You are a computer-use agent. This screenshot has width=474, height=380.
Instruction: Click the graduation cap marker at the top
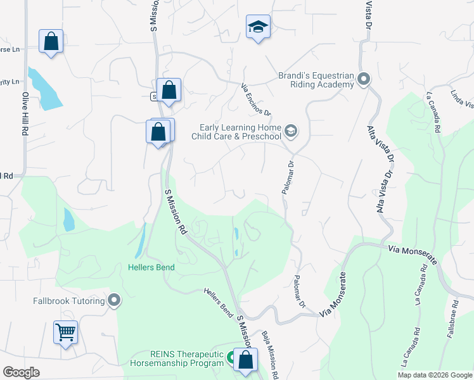[x=258, y=27]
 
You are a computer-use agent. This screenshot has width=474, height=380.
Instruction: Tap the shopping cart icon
[x=65, y=332]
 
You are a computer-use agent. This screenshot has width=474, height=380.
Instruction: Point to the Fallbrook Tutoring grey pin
[x=114, y=300]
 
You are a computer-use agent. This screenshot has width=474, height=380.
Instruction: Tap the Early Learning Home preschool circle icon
[x=291, y=131]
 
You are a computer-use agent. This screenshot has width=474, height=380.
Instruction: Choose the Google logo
[x=21, y=372]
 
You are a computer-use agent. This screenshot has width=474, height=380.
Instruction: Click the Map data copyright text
[x=434, y=375]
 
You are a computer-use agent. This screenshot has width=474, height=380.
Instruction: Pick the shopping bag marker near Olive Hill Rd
[x=51, y=42]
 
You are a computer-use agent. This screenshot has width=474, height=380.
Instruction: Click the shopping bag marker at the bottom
[x=245, y=360]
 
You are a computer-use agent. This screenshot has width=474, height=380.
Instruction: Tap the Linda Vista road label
[x=461, y=99]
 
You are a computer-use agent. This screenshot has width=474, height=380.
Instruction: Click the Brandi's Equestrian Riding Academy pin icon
[x=363, y=79]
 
